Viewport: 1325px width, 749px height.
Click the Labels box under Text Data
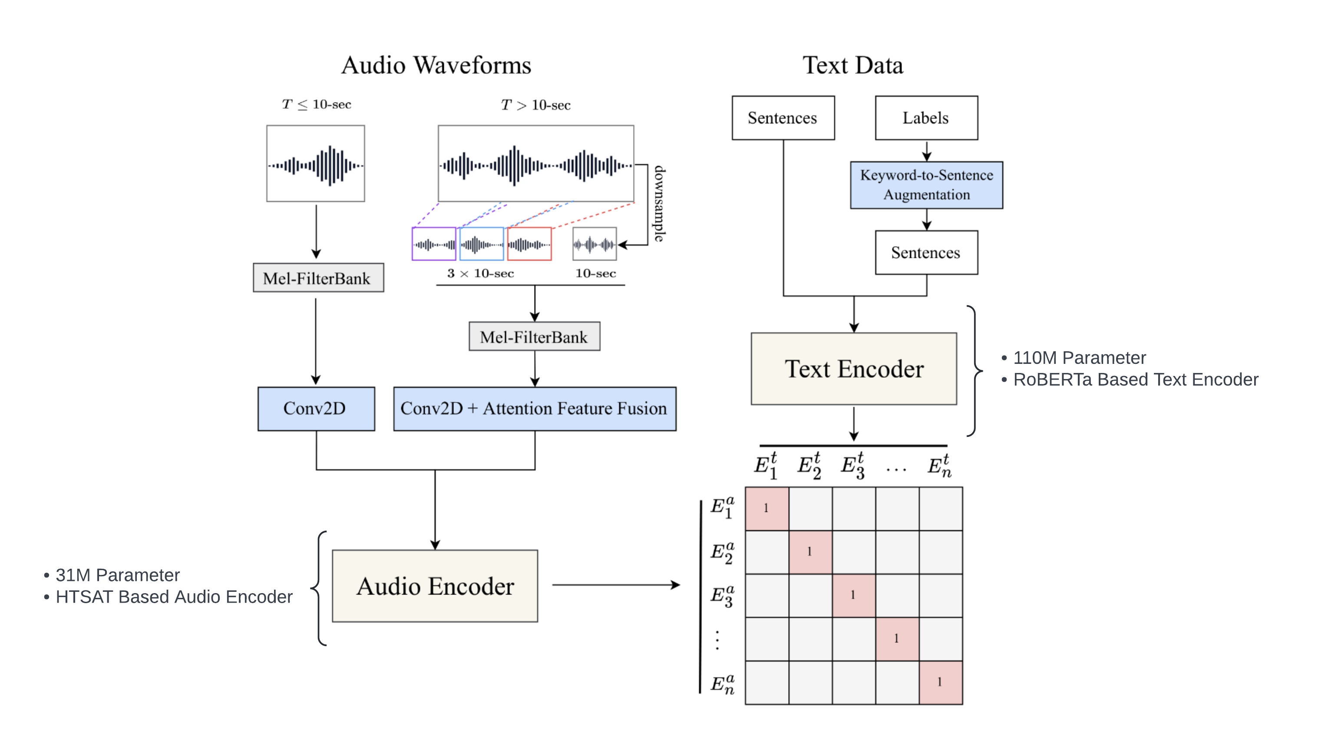pyautogui.click(x=926, y=118)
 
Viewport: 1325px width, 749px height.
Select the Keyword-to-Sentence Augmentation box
pyautogui.click(x=926, y=185)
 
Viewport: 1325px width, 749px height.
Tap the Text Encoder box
pyautogui.click(x=854, y=369)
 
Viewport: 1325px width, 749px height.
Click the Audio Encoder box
pyautogui.click(x=435, y=586)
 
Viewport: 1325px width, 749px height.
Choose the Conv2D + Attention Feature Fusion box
pyautogui.click(x=535, y=409)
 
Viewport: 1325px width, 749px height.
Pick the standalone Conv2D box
pyautogui.click(x=316, y=409)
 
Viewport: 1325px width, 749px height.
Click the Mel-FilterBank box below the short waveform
pyautogui.click(x=318, y=278)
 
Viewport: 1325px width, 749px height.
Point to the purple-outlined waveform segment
pyautogui.click(x=433, y=244)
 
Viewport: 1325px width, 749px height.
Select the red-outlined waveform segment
pyautogui.click(x=529, y=244)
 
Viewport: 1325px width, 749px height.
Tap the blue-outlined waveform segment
pyautogui.click(x=482, y=244)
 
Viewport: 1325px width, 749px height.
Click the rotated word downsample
pyautogui.click(x=659, y=203)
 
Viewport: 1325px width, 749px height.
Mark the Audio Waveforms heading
pyautogui.click(x=436, y=65)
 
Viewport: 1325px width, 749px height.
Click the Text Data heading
pyautogui.click(x=853, y=65)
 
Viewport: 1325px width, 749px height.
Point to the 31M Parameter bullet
pyautogui.click(x=117, y=574)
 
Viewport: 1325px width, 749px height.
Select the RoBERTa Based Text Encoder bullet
pyautogui.click(x=1135, y=379)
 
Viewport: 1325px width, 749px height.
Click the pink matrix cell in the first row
pyautogui.click(x=767, y=508)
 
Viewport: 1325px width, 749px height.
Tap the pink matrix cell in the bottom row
pyautogui.click(x=940, y=682)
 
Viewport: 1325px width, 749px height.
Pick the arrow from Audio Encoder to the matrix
pyautogui.click(x=616, y=585)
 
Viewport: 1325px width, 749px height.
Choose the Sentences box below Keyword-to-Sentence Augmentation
pyautogui.click(x=926, y=253)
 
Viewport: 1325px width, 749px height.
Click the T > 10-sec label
pyautogui.click(x=535, y=105)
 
